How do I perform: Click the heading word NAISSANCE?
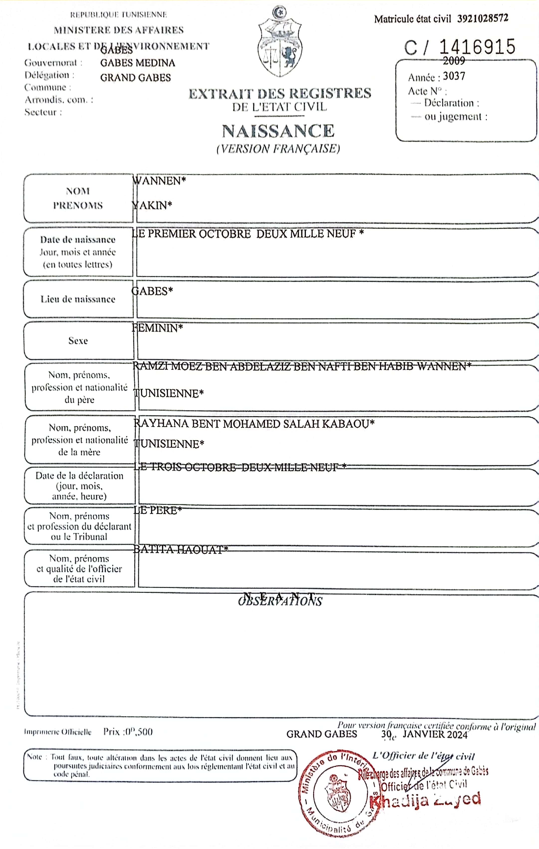pos(278,131)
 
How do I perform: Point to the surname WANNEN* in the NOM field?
pos(159,181)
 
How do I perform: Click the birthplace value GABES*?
pos(152,291)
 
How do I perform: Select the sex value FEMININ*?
pos(157,328)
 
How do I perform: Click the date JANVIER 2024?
pos(435,734)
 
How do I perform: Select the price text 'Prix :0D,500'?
pos(128,732)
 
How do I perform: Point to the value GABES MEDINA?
pos(138,63)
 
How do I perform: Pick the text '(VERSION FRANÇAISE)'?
pos(278,149)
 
